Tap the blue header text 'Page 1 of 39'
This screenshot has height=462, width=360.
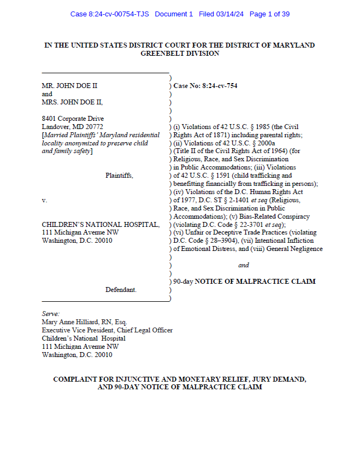click(x=269, y=14)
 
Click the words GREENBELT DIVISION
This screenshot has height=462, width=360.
click(x=180, y=54)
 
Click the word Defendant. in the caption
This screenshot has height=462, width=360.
click(x=121, y=290)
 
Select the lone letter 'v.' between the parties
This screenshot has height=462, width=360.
click(x=45, y=201)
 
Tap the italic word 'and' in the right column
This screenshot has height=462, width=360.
click(x=244, y=265)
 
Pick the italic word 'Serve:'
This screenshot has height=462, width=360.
click(x=51, y=314)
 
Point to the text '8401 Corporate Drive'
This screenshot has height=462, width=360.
click(x=73, y=119)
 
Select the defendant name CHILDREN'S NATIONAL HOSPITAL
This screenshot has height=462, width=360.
click(x=101, y=225)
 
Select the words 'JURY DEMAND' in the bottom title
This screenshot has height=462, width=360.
click(x=278, y=379)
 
